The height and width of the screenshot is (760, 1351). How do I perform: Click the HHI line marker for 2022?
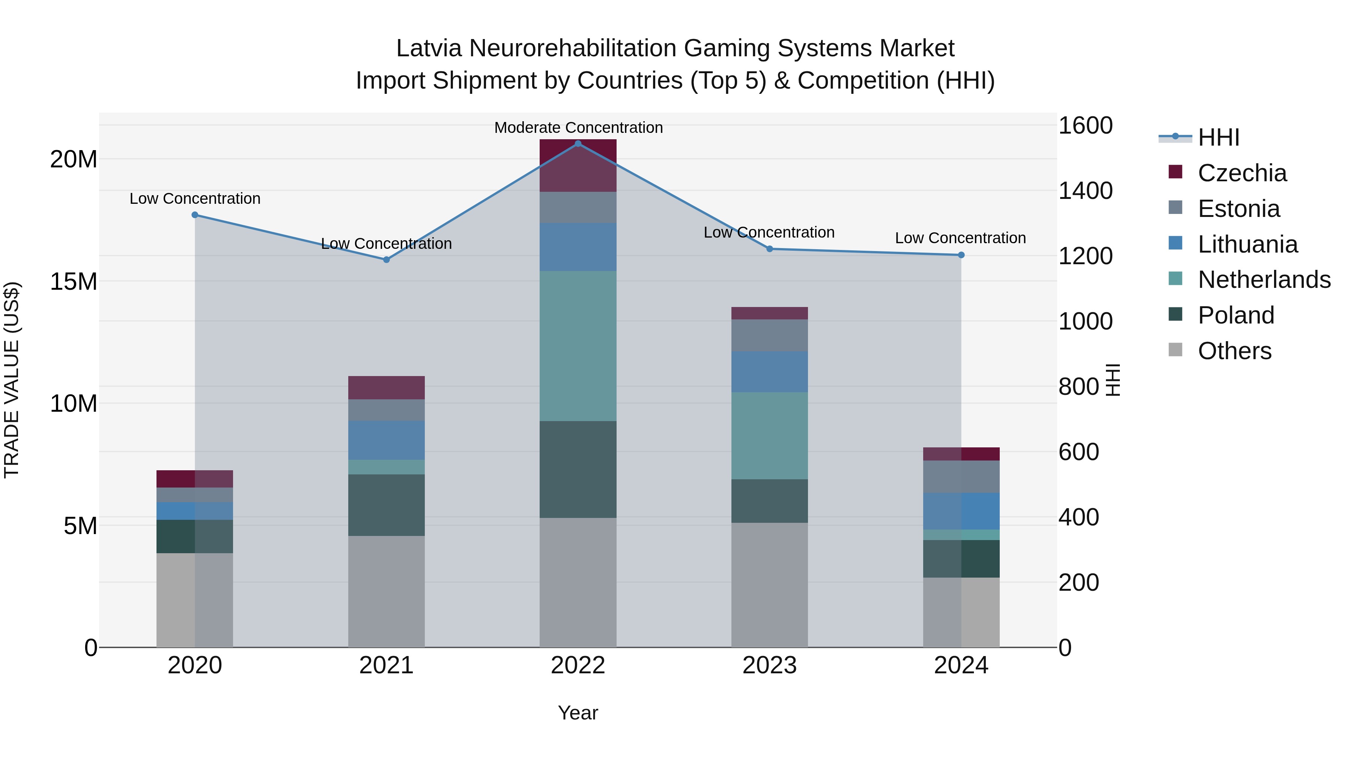click(578, 144)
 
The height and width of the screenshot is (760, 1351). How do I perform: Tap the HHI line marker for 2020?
click(195, 215)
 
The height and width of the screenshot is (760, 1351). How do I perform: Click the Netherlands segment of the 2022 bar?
click(578, 346)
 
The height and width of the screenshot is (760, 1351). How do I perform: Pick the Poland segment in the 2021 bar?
click(387, 505)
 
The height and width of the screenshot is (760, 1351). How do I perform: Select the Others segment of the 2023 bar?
click(769, 585)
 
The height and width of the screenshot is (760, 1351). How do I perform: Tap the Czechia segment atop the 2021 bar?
click(387, 388)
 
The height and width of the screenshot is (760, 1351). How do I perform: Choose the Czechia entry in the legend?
click(1242, 173)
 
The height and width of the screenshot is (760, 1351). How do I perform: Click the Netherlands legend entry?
click(1264, 280)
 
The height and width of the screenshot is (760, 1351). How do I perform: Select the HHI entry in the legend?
click(1218, 137)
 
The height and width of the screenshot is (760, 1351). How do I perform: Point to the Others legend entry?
click(1235, 351)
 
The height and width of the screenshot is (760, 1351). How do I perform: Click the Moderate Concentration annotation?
click(578, 128)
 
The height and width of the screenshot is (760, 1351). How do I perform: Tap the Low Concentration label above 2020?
click(195, 199)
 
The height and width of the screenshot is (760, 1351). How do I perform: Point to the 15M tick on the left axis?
click(74, 281)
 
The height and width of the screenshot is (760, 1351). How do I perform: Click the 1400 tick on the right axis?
click(1085, 191)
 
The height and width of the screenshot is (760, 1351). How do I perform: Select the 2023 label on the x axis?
click(769, 665)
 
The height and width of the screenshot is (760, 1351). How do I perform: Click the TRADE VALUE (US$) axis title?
click(12, 380)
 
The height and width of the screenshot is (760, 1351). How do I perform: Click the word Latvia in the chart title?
click(429, 48)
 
